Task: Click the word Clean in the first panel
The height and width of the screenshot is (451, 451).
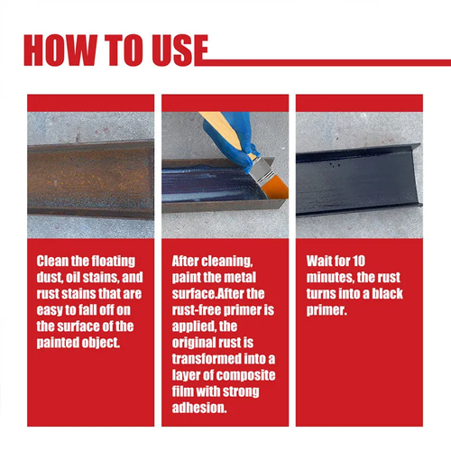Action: (x=56, y=262)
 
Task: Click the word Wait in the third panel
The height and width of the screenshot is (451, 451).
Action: (x=323, y=262)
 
